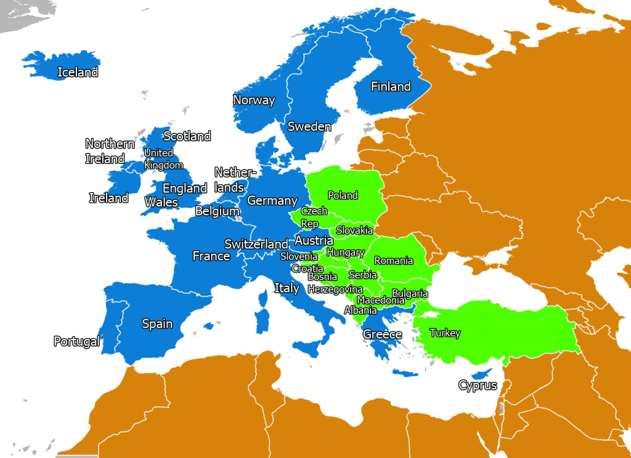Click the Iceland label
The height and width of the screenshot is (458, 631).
pyautogui.click(x=78, y=73)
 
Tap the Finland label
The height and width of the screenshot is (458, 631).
pyautogui.click(x=390, y=87)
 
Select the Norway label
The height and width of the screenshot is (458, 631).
pyautogui.click(x=253, y=100)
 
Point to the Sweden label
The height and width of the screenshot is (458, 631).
pyautogui.click(x=309, y=127)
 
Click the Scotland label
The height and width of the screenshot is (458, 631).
pyautogui.click(x=187, y=136)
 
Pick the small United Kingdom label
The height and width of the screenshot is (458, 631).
pyautogui.click(x=163, y=159)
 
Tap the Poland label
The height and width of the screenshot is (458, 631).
pyautogui.click(x=343, y=195)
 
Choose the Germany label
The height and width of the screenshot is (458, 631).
pyautogui.click(x=272, y=201)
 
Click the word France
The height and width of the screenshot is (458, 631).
pyautogui.click(x=211, y=256)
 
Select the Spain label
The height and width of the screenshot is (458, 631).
pyautogui.click(x=157, y=324)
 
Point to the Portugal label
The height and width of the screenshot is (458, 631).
pyautogui.click(x=76, y=341)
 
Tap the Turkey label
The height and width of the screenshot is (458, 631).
pyautogui.click(x=445, y=333)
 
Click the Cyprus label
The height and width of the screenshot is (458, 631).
pyautogui.click(x=477, y=386)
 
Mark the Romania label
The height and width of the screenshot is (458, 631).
pyautogui.click(x=393, y=261)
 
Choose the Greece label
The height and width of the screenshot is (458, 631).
pyautogui.click(x=382, y=335)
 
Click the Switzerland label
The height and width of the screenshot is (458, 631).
pyautogui.click(x=256, y=244)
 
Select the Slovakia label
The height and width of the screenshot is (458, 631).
pyautogui.click(x=354, y=231)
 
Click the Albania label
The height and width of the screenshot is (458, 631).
pyautogui.click(x=360, y=310)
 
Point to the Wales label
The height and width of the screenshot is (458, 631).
pyautogui.click(x=161, y=202)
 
